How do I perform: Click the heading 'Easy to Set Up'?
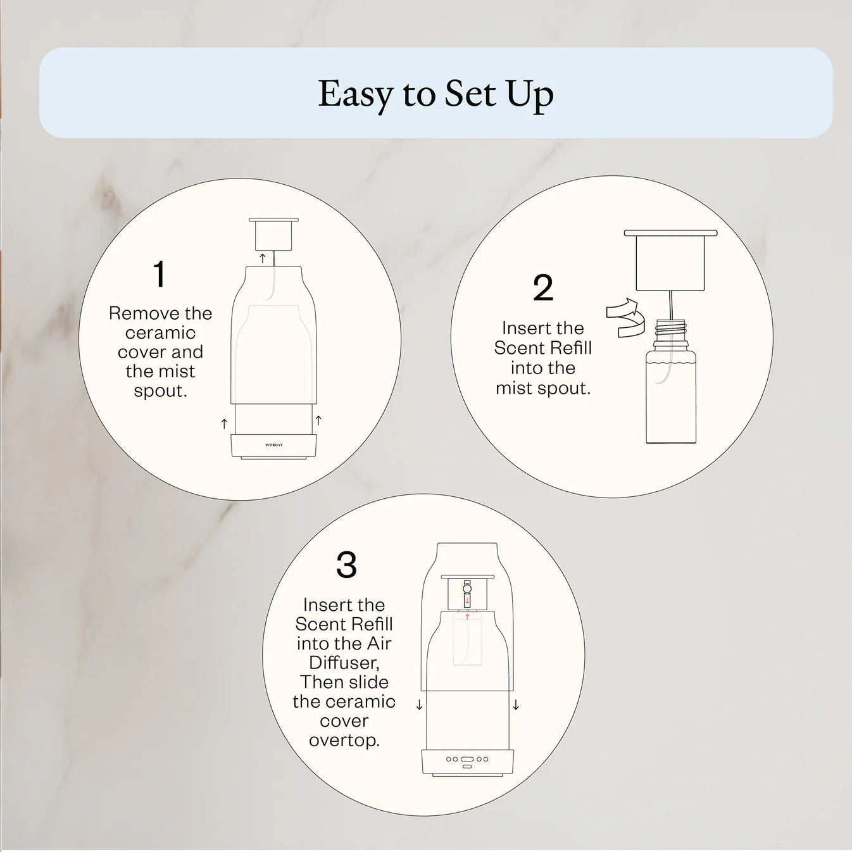point(435,94)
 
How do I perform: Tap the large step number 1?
point(160,275)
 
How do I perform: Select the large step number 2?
point(543,289)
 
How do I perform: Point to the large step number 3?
point(346,565)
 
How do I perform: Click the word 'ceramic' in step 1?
point(160,333)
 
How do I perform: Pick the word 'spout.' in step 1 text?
point(160,391)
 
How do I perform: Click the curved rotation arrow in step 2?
point(624,317)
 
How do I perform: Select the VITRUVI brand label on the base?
point(274,445)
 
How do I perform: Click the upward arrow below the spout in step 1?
point(263,258)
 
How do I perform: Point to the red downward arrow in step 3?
point(467,601)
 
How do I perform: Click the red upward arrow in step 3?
point(467,616)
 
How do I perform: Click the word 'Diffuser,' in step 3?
point(344,663)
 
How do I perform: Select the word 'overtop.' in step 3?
point(344,740)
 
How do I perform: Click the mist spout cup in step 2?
point(670,262)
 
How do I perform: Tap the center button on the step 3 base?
point(467,759)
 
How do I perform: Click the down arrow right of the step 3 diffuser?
point(516,705)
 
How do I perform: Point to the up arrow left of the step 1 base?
point(224,423)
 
